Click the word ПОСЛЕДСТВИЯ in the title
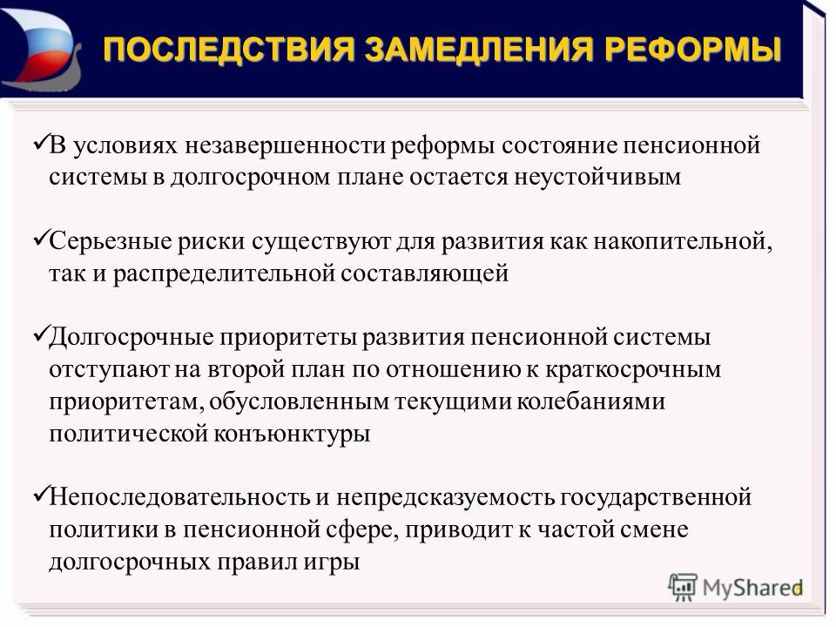click(229, 50)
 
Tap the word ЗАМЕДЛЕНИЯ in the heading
click(479, 50)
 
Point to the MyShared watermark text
click(752, 588)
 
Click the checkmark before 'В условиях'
click(41, 142)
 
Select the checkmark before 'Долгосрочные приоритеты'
click(41, 334)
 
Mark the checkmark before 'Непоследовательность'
click(41, 495)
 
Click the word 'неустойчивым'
click(597, 178)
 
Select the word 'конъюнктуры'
click(293, 434)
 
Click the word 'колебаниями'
click(590, 401)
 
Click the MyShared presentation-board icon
click(683, 588)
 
